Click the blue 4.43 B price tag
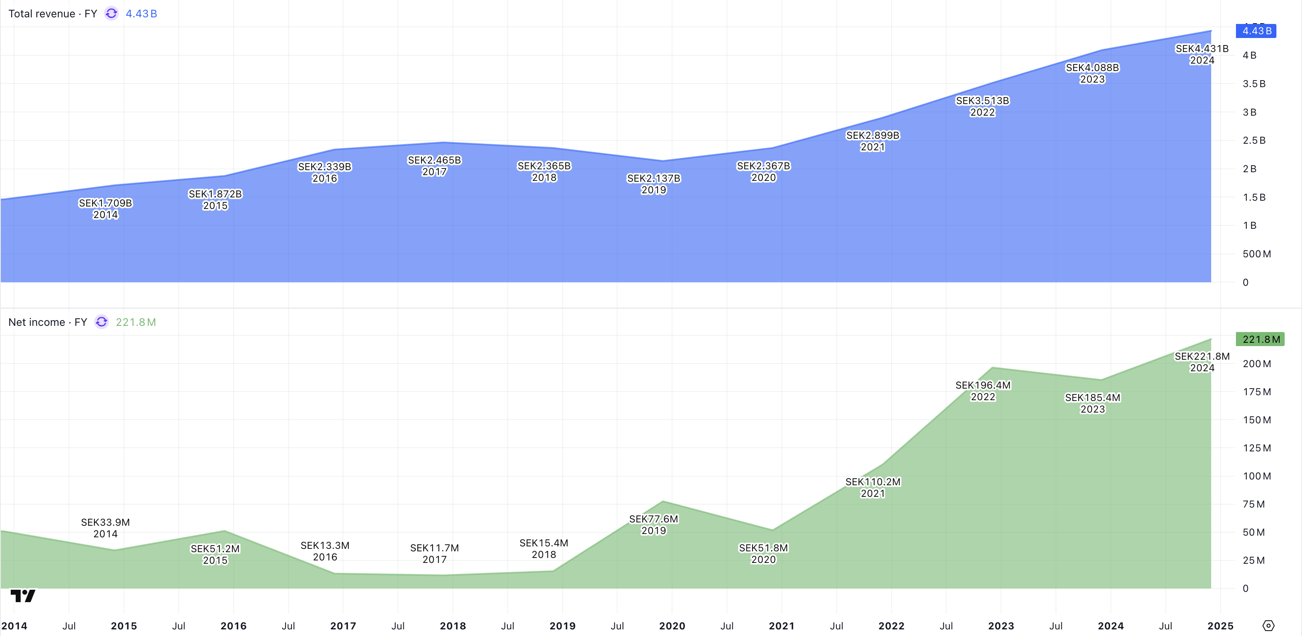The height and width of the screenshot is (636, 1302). pos(1256,31)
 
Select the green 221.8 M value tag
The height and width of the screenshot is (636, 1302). pos(1260,339)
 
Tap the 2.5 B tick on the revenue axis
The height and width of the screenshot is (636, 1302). pos(1254,140)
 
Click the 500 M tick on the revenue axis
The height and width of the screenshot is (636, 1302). pos(1257,254)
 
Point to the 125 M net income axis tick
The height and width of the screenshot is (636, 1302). pos(1257,448)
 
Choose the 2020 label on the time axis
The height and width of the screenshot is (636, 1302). pos(672,626)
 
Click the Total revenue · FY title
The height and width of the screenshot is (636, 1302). pos(52,14)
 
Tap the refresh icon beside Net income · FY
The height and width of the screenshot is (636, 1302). pos(102,322)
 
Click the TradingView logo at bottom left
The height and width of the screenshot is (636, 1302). pos(23,596)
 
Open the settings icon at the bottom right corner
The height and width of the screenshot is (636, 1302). pos(1268,626)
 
